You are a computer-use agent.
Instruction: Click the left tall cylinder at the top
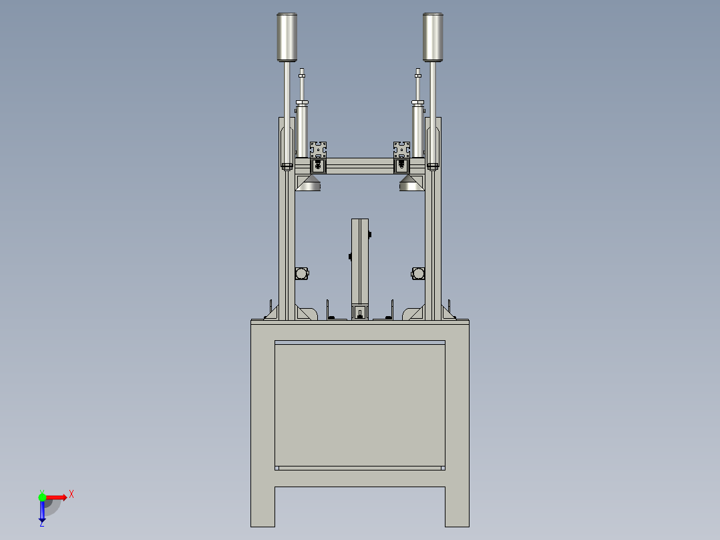(x=287, y=37)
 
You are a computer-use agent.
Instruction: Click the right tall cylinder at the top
(x=433, y=37)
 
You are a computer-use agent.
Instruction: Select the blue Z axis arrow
(x=42, y=511)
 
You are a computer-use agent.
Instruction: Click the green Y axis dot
(x=42, y=497)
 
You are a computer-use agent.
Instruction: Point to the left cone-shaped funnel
(x=308, y=183)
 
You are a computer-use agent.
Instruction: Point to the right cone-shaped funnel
(x=412, y=183)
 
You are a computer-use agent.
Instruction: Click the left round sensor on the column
(x=302, y=273)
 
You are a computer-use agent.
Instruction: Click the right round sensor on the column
(x=418, y=273)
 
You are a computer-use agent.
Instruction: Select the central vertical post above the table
(x=360, y=261)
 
